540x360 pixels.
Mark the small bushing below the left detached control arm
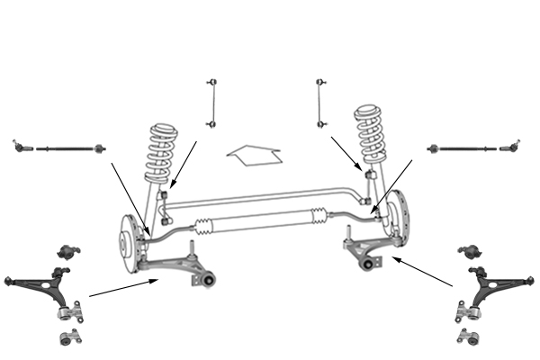point(66,339)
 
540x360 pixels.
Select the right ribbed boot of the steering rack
point(319,216)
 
